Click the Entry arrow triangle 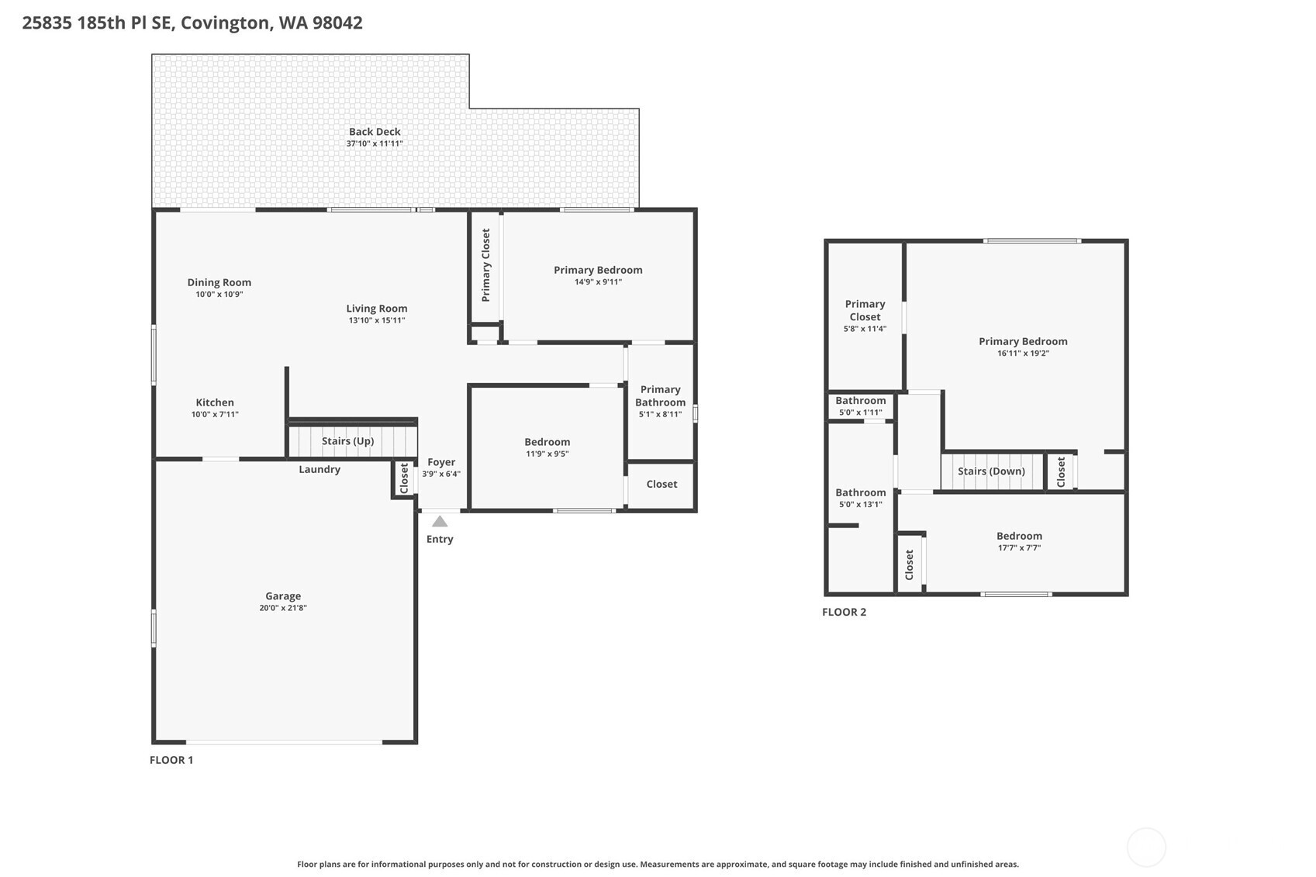coord(440,522)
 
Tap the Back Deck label coord(375,132)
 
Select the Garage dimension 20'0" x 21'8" coord(283,608)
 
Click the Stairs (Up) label coord(347,441)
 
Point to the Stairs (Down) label coord(991,471)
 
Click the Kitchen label coord(215,402)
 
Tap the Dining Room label coord(219,282)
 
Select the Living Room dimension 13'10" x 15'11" coord(377,320)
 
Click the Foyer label coord(441,462)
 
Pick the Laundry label coord(320,469)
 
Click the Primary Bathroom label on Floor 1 coord(660,395)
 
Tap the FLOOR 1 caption coord(171,760)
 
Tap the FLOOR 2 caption coord(844,612)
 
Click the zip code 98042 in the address coord(337,22)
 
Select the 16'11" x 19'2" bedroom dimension coord(1023,354)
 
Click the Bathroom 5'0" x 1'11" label coord(861,401)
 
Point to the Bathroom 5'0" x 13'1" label coord(861,492)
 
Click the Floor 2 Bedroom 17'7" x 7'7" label coord(1019,536)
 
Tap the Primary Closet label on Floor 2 coord(865,310)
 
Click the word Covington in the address coord(226,22)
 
